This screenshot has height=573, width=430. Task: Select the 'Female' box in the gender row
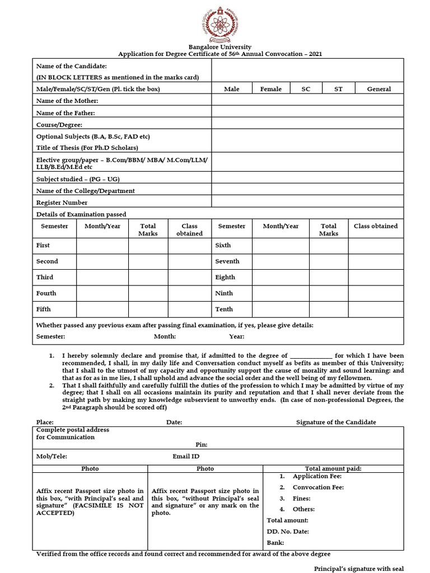click(271, 89)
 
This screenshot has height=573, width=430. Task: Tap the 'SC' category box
click(306, 89)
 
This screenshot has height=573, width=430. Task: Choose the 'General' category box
click(379, 89)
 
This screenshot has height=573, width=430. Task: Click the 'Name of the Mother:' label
click(67, 101)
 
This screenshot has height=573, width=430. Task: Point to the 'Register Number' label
click(62, 203)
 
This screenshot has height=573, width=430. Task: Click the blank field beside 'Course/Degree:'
click(307, 124)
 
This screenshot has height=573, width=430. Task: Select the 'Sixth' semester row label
click(223, 245)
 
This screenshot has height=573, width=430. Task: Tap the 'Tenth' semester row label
click(225, 309)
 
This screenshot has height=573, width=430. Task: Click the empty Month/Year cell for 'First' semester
click(102, 246)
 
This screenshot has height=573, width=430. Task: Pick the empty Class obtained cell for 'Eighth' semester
click(376, 278)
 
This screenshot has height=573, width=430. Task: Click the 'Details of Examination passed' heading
click(81, 214)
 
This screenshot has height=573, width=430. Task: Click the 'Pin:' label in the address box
click(202, 444)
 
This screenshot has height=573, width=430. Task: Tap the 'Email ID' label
click(186, 457)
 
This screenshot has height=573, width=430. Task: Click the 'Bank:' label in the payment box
click(275, 542)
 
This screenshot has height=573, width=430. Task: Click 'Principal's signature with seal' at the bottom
click(358, 568)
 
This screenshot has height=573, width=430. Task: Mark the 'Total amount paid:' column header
click(333, 468)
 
